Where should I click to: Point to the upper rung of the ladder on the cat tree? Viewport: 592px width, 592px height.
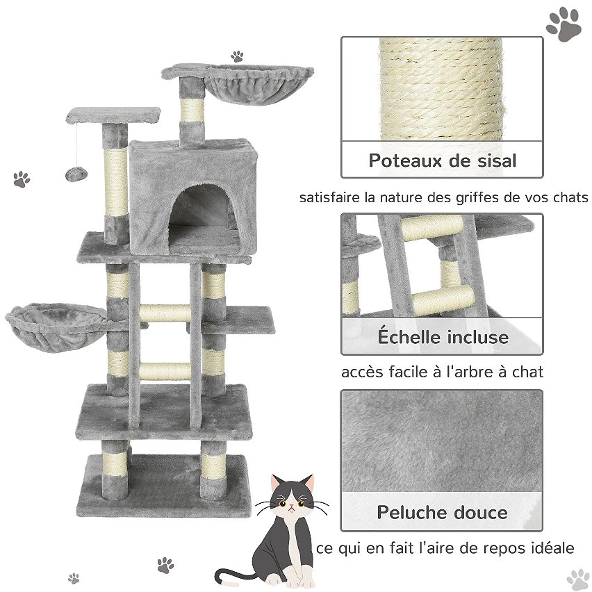(x=165, y=313)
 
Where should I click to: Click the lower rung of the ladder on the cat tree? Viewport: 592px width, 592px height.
(x=165, y=372)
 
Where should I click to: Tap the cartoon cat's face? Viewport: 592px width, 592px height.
(x=291, y=498)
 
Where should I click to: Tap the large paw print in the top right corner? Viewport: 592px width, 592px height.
(x=564, y=24)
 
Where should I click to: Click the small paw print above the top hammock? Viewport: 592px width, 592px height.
(x=237, y=56)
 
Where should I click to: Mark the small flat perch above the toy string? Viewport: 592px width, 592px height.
(x=113, y=115)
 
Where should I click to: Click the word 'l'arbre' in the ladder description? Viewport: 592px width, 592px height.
(x=470, y=372)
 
